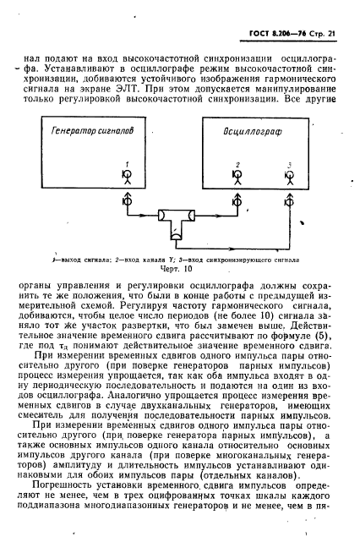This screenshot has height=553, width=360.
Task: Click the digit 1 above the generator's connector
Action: point(128,164)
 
